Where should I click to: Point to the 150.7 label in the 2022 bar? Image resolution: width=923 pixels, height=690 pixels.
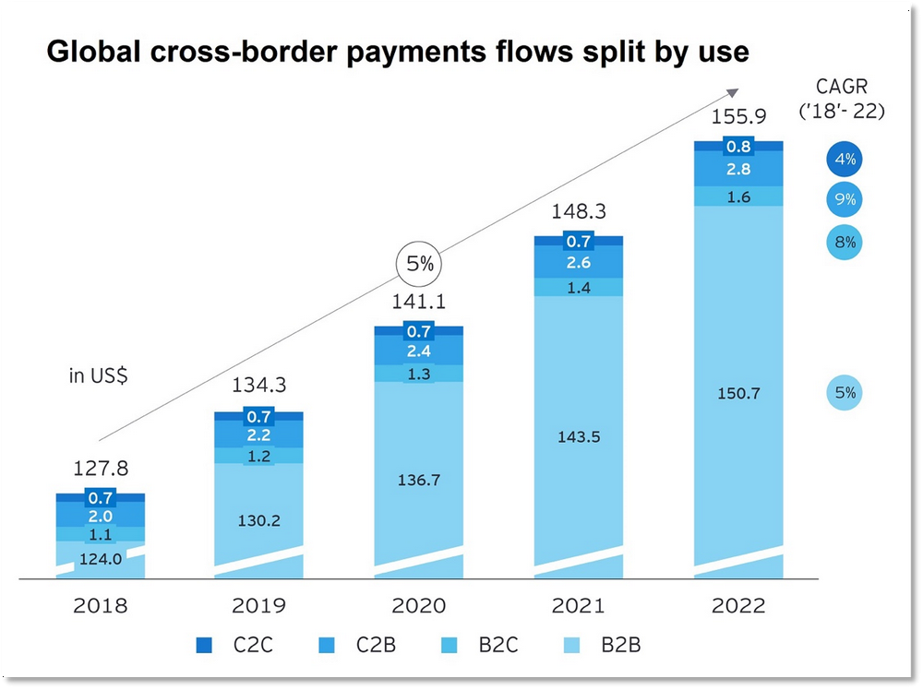[x=738, y=394]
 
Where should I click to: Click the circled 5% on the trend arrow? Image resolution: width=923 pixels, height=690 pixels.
[x=419, y=263]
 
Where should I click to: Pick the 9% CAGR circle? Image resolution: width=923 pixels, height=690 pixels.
[x=845, y=199]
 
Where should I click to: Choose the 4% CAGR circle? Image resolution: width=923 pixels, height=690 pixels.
[x=845, y=160]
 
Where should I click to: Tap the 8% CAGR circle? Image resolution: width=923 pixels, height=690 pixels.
[x=845, y=243]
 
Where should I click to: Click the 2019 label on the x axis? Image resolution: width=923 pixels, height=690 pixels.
[x=259, y=606]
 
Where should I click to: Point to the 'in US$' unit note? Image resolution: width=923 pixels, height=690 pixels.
[x=97, y=376]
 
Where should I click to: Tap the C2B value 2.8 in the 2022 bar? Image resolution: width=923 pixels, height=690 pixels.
[x=738, y=170]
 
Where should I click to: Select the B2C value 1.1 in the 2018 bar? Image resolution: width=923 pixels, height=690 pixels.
[x=100, y=533]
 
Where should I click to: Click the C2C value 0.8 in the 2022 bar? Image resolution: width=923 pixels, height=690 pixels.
[x=738, y=146]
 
